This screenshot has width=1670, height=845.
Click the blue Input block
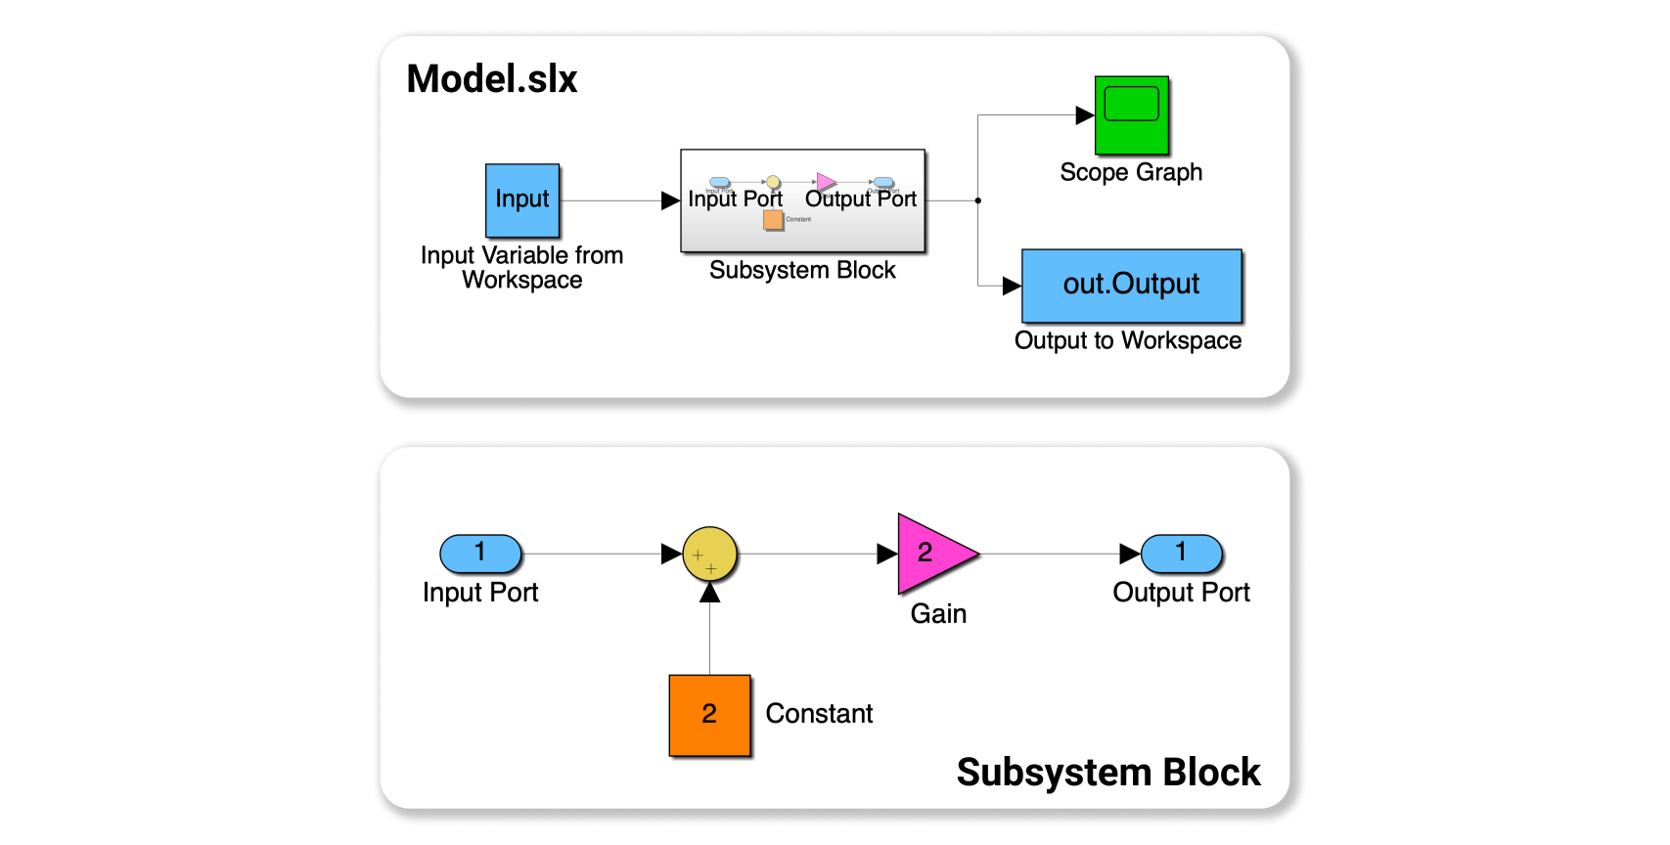point(522,200)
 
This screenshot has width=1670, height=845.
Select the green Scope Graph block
point(1131,115)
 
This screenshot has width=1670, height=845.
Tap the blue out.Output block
point(1131,286)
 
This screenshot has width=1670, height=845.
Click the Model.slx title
point(492,79)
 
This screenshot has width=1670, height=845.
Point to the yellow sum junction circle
point(709,555)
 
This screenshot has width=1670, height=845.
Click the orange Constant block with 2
point(709,715)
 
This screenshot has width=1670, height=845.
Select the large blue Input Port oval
point(480,554)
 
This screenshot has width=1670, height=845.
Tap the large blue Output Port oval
point(1181,554)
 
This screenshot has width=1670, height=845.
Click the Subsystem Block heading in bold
point(1107,773)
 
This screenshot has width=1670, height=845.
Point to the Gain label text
point(938,614)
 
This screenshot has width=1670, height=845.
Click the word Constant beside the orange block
point(819,714)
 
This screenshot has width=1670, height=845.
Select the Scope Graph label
point(1131,172)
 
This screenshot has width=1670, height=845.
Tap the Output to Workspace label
point(1127,340)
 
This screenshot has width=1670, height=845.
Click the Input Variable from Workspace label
point(521,267)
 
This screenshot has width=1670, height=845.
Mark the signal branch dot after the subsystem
point(978,200)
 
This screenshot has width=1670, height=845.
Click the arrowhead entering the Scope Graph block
point(1085,115)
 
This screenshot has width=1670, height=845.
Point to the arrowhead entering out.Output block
point(1012,287)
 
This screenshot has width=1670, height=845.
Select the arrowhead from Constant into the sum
point(710,593)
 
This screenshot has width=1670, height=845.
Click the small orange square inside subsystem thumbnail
point(773,220)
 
